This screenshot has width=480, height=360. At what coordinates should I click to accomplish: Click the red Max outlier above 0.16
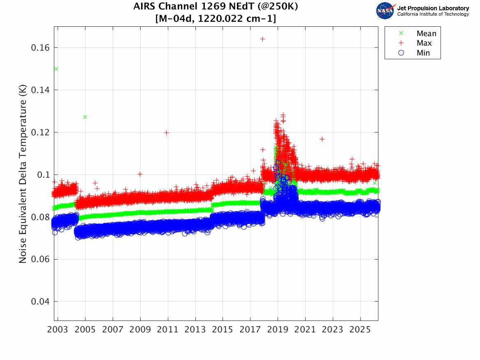click(262, 39)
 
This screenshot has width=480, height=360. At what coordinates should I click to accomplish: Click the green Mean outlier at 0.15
click(56, 69)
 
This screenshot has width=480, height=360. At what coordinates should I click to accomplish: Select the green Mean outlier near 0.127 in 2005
click(85, 117)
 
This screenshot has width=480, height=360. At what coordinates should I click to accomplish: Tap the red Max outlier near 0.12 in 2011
click(166, 132)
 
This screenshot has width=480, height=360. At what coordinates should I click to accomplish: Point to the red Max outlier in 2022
click(322, 139)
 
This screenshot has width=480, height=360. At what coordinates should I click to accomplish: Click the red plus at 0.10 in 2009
click(140, 174)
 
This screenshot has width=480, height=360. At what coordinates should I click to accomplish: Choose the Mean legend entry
click(426, 34)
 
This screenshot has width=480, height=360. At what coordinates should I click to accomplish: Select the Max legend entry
click(424, 43)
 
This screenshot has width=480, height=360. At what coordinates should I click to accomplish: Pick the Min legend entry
click(423, 53)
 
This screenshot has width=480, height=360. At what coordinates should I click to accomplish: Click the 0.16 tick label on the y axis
click(40, 48)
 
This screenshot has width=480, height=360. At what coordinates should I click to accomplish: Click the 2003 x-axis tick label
click(58, 330)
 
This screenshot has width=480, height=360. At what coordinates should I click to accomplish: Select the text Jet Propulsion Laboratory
click(433, 8)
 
